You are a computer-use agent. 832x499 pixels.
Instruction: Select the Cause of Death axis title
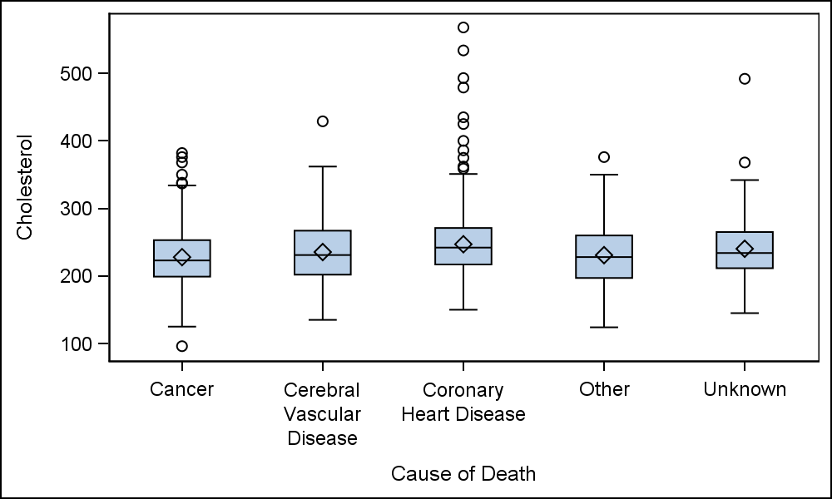(x=463, y=474)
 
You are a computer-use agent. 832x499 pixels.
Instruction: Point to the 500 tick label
(x=77, y=73)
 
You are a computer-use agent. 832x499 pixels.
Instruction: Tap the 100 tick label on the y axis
(x=77, y=343)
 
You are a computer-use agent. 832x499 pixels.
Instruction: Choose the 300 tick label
(x=77, y=209)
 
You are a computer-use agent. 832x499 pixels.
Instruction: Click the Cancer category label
(x=182, y=389)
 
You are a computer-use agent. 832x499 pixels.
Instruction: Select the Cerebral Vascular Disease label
(x=322, y=414)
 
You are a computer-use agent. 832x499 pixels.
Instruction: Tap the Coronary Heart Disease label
(x=463, y=402)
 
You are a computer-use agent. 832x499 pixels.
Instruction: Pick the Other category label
(x=604, y=389)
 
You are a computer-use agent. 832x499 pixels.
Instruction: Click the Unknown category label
(x=745, y=389)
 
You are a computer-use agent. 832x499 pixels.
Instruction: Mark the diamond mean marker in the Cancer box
(x=182, y=257)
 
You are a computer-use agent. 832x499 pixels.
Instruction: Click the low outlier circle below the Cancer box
(x=182, y=346)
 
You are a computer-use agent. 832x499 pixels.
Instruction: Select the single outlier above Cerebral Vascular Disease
(x=323, y=121)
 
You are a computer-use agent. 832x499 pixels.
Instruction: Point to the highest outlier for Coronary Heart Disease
(x=463, y=27)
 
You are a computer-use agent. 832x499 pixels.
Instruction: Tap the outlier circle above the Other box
(x=604, y=157)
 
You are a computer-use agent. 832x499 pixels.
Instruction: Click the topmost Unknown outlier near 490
(x=745, y=79)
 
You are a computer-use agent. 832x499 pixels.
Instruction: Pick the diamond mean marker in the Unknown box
(x=745, y=249)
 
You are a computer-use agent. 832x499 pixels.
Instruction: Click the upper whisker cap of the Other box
(x=604, y=175)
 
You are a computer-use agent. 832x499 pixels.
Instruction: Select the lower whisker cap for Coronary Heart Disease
(x=463, y=309)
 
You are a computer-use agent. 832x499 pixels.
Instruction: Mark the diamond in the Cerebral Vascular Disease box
(x=323, y=252)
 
